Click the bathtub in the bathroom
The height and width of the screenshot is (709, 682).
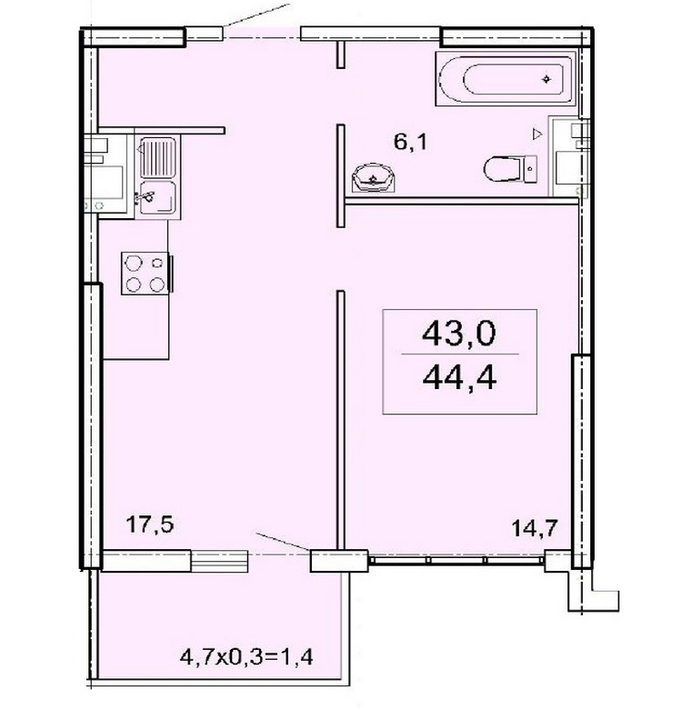coord(506,79)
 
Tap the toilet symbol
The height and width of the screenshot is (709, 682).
coord(510,169)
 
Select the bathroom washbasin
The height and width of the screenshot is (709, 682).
coord(373,178)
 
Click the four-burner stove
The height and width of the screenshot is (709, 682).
coord(145,273)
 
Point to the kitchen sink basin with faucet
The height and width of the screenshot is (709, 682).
coord(157,197)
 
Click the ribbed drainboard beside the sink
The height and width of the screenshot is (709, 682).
coord(157,157)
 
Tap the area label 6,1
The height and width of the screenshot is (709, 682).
coord(410,143)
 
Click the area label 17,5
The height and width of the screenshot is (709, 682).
coord(150,525)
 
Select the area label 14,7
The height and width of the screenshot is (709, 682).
coord(535,527)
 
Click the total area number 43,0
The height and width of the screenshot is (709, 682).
coord(458,334)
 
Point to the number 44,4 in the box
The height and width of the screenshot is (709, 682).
coord(459,377)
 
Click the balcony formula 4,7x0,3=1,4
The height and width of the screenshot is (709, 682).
coord(246,656)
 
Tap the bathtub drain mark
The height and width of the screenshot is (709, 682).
coord(547,79)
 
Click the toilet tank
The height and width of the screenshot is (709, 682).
coord(531,169)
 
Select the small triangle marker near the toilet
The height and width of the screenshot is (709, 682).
coord(537,134)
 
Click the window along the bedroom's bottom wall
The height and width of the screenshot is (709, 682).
coord(456,559)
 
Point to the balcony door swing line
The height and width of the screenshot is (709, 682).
coord(283,541)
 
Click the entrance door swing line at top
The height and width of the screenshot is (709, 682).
coord(256,15)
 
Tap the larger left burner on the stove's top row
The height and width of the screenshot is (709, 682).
coord(134,264)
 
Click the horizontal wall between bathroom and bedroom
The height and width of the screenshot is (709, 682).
coord(462,200)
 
